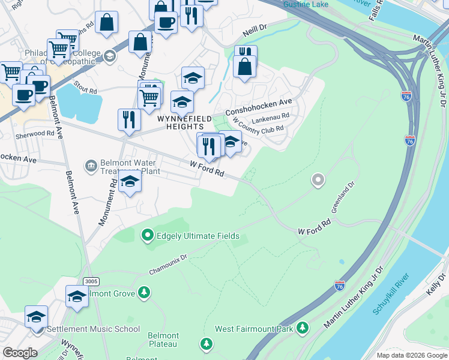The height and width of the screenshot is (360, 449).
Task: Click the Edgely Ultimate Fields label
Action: point(198,236)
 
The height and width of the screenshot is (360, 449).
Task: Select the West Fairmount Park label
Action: point(254,329)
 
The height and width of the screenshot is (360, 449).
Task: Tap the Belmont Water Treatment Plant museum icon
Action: point(91,165)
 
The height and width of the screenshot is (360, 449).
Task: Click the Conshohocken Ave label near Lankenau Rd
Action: point(258,107)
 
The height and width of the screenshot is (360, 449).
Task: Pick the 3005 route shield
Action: point(91,281)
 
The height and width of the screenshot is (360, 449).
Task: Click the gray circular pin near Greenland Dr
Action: point(318,179)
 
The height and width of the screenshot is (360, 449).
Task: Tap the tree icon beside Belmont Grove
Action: point(143,292)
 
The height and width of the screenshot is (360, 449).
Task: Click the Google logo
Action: point(19,353)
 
